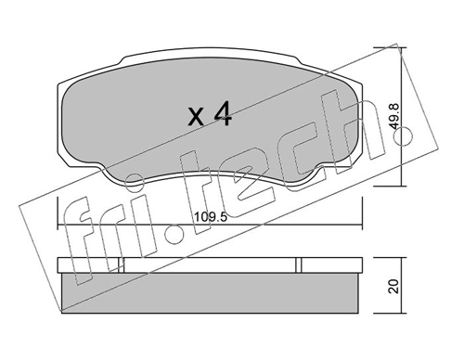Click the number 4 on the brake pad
point(223,114)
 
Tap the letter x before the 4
point(197,118)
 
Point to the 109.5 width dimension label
point(211,217)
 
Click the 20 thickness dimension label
point(393,287)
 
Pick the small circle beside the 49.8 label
point(403,135)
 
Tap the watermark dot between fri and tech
point(174,237)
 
